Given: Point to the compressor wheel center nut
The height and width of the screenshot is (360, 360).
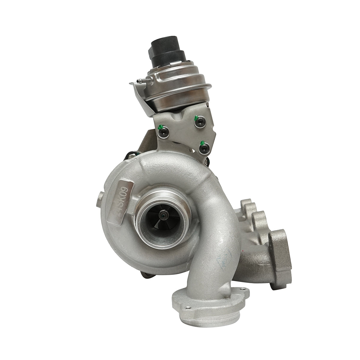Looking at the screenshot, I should coord(162,215).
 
